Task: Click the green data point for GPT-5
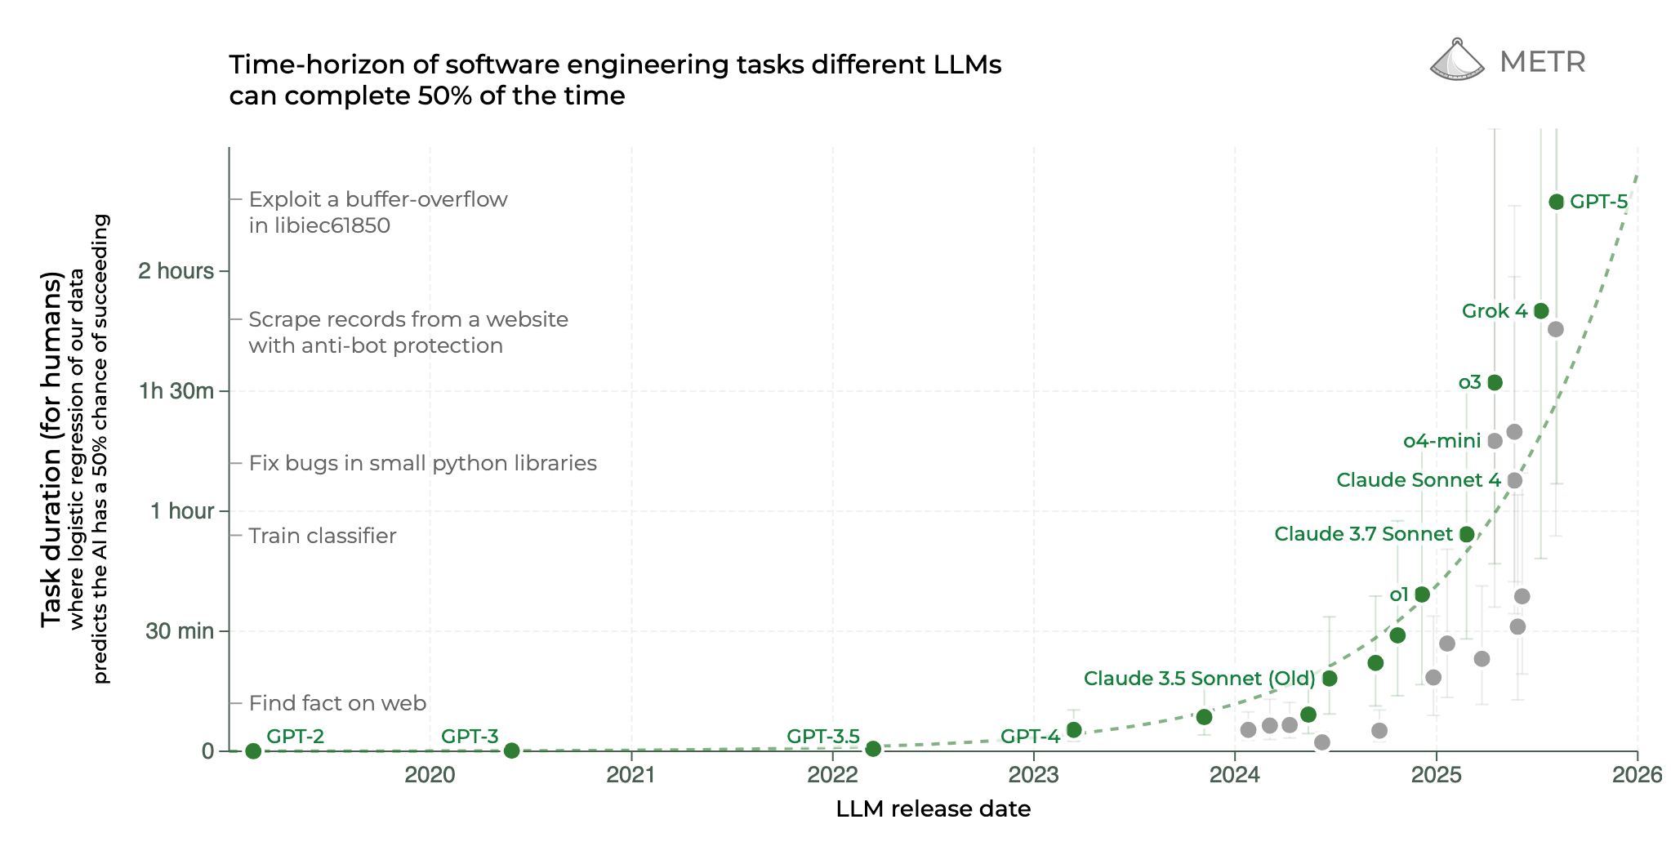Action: pos(1556,202)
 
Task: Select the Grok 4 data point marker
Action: pos(1541,311)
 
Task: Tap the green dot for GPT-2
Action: pos(253,750)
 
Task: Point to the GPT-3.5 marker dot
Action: pos(873,749)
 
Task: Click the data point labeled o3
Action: pos(1495,382)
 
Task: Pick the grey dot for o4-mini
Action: pos(1495,441)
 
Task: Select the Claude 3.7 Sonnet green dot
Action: pos(1467,534)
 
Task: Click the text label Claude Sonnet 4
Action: pos(1418,480)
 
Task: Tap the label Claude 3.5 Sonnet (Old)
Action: pos(1199,679)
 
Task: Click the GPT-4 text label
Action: pos(1030,737)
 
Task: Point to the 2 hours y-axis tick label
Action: pos(176,271)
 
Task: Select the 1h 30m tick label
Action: pos(176,391)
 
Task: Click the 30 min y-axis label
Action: pos(180,631)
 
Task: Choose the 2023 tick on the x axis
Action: pos(1033,774)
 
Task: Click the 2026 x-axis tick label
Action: pos(1637,774)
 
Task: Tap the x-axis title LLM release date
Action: pos(933,809)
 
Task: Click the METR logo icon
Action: pos(1457,60)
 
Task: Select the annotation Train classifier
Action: pos(323,536)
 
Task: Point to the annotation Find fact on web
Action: pos(337,703)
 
